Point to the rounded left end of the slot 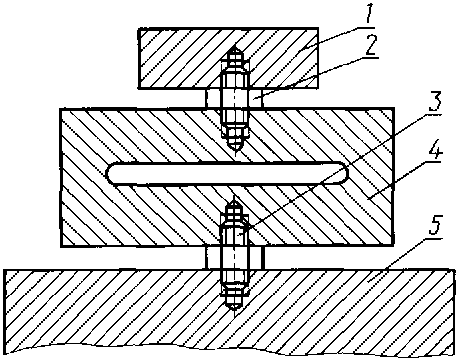[x=111, y=173]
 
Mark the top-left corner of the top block [x=139, y=29]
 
